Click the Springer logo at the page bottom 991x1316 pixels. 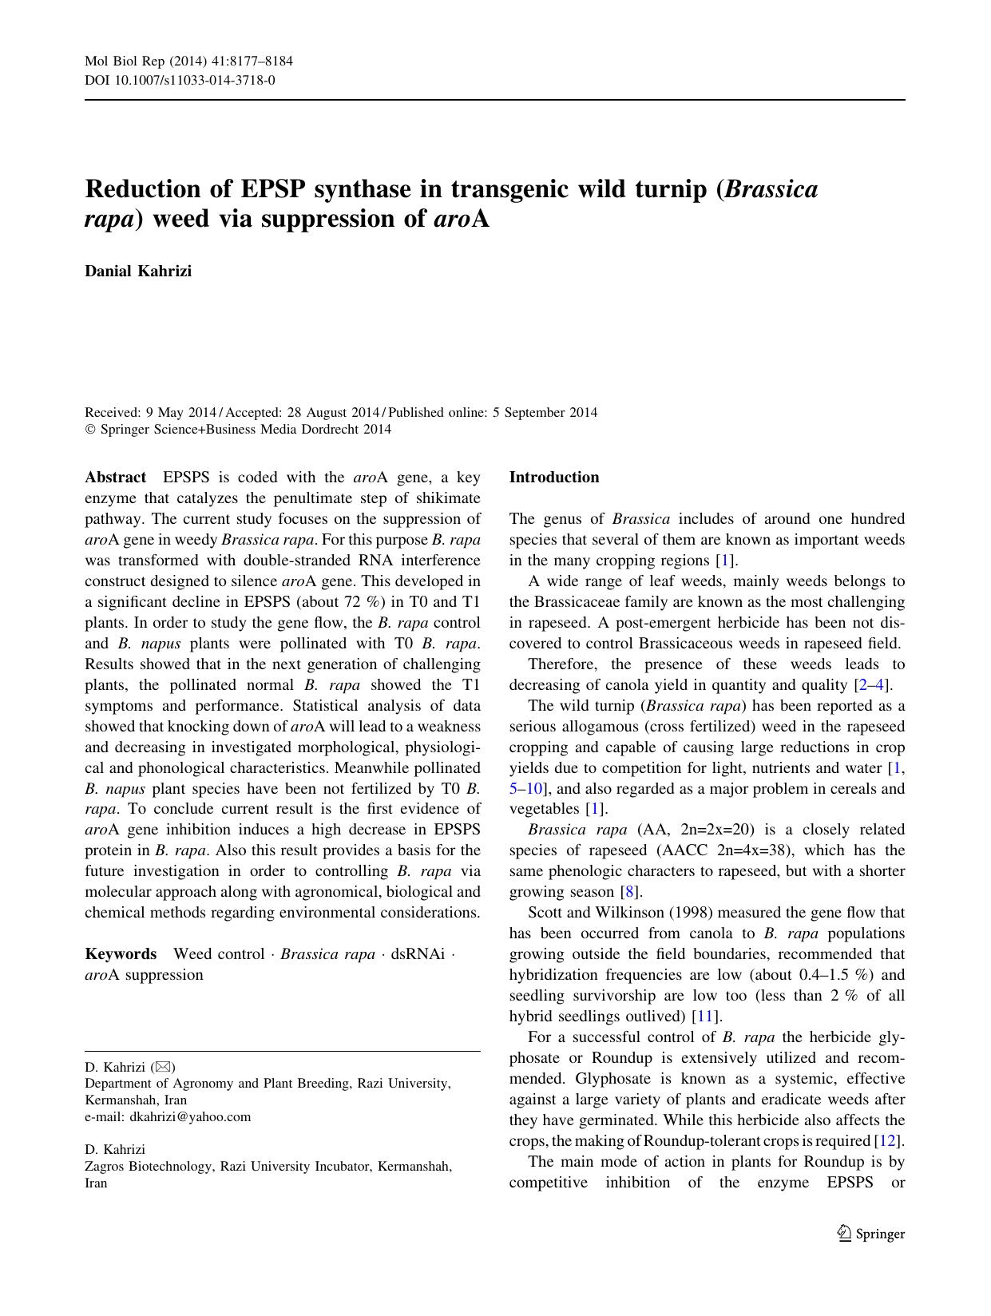click(870, 1234)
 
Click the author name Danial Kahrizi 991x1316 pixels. click(138, 271)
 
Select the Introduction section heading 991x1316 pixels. click(553, 478)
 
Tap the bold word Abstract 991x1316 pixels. click(115, 478)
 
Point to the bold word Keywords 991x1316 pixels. click(121, 954)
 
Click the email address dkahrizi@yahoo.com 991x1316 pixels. click(190, 1116)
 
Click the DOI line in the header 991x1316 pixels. click(180, 80)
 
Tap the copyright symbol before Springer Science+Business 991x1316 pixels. click(90, 430)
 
